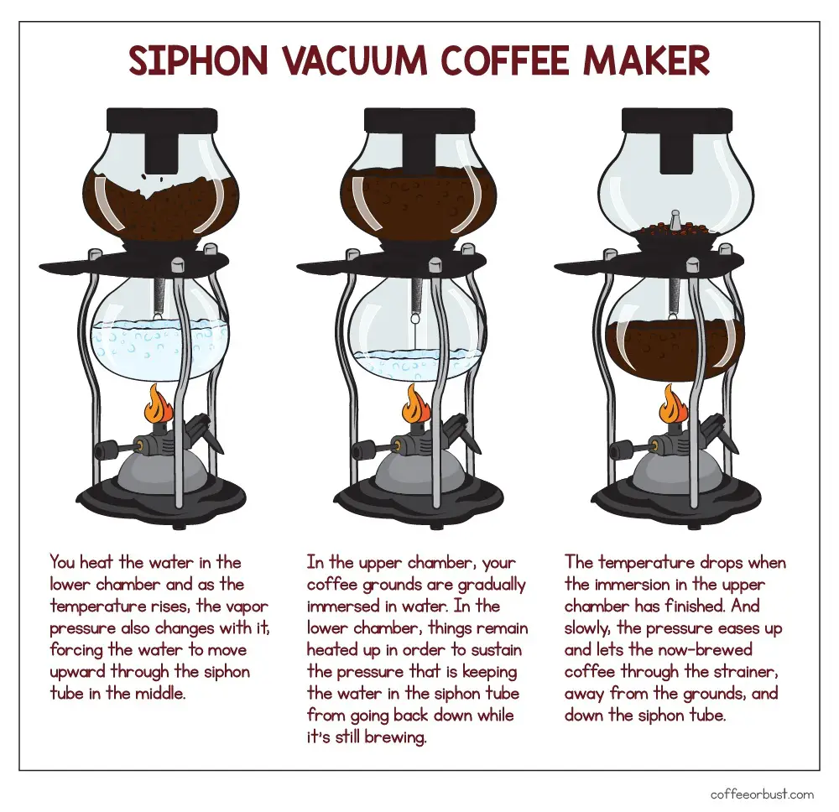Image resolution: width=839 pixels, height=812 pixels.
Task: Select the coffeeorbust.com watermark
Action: [x=762, y=794]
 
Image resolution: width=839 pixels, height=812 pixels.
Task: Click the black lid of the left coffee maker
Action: [x=162, y=120]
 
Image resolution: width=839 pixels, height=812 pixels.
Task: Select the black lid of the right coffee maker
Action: [x=677, y=120]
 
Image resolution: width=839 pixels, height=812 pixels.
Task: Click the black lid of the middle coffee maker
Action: [x=419, y=120]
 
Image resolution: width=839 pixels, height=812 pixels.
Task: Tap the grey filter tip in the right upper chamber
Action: [x=675, y=219]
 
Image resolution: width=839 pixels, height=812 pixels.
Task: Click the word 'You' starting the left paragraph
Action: [x=62, y=562]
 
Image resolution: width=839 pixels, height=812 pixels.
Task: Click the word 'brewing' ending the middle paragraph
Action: [x=395, y=737]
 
